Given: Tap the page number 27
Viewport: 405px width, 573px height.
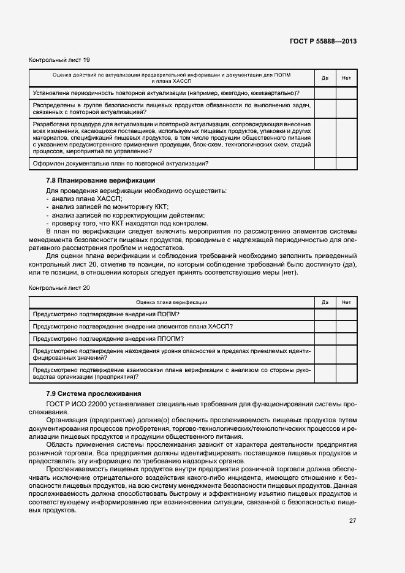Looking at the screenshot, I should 352,522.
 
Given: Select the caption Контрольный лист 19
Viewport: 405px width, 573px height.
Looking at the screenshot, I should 59,60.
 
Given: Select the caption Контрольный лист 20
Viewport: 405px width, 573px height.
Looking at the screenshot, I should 59,287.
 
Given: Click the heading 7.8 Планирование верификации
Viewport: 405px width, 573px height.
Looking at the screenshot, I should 100,180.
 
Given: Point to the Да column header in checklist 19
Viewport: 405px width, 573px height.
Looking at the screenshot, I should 325,78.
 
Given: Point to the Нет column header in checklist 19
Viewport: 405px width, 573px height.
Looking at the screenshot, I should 346,78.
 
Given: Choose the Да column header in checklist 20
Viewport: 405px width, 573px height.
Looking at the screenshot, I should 325,302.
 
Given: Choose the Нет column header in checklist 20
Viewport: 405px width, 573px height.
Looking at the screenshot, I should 346,302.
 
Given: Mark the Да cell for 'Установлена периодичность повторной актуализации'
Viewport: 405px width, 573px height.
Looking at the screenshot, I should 325,93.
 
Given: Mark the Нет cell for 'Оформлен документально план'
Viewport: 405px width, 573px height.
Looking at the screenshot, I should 346,163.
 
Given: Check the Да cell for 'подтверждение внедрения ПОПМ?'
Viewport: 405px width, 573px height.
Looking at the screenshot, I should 325,314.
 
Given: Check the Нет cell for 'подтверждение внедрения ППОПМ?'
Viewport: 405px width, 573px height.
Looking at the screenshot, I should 346,338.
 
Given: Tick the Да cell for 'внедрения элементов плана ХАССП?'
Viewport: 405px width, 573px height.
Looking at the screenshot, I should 325,326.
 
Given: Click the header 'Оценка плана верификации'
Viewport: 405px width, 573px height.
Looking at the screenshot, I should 171,302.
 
